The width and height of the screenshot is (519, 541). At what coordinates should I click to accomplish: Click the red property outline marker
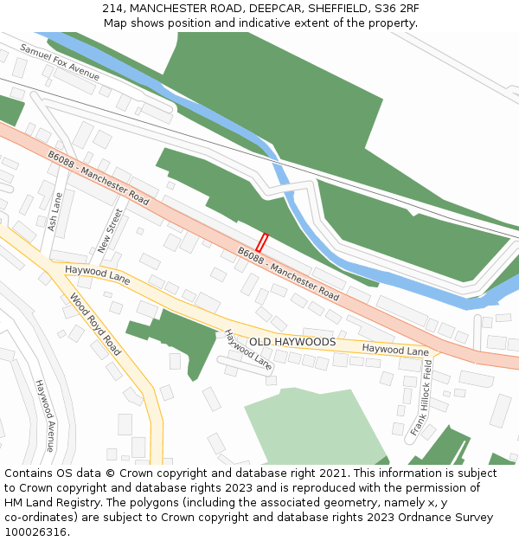click(x=262, y=242)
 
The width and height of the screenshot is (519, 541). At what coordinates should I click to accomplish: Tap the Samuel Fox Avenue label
click(x=60, y=62)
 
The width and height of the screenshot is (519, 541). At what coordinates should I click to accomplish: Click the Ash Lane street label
click(x=54, y=212)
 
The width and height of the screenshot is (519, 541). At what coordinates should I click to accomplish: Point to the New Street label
click(x=111, y=230)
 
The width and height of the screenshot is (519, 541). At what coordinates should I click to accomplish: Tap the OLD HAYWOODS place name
click(x=292, y=342)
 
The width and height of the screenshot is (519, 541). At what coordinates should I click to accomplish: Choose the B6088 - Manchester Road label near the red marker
click(x=288, y=274)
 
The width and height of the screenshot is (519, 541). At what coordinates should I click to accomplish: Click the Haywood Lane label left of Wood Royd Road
click(x=97, y=275)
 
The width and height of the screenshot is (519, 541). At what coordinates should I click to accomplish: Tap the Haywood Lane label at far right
click(x=395, y=351)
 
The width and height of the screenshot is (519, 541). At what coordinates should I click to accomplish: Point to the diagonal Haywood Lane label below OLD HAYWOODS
click(x=248, y=351)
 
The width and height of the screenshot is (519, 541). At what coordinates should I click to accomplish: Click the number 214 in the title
click(x=112, y=8)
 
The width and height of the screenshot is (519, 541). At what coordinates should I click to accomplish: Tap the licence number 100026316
click(x=36, y=532)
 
